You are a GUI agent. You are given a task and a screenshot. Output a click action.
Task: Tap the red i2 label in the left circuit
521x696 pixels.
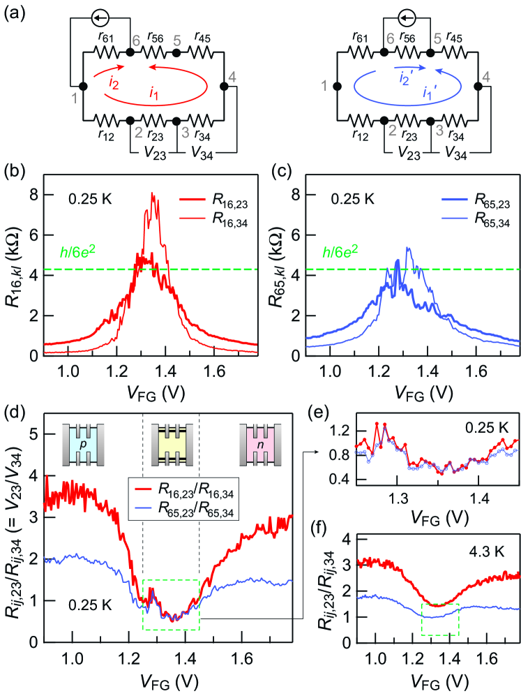pyautogui.click(x=114, y=82)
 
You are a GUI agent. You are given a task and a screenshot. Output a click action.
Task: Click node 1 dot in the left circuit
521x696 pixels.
pyautogui.click(x=83, y=86)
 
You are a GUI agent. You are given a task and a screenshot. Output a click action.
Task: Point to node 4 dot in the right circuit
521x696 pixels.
pyautogui.click(x=478, y=86)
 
